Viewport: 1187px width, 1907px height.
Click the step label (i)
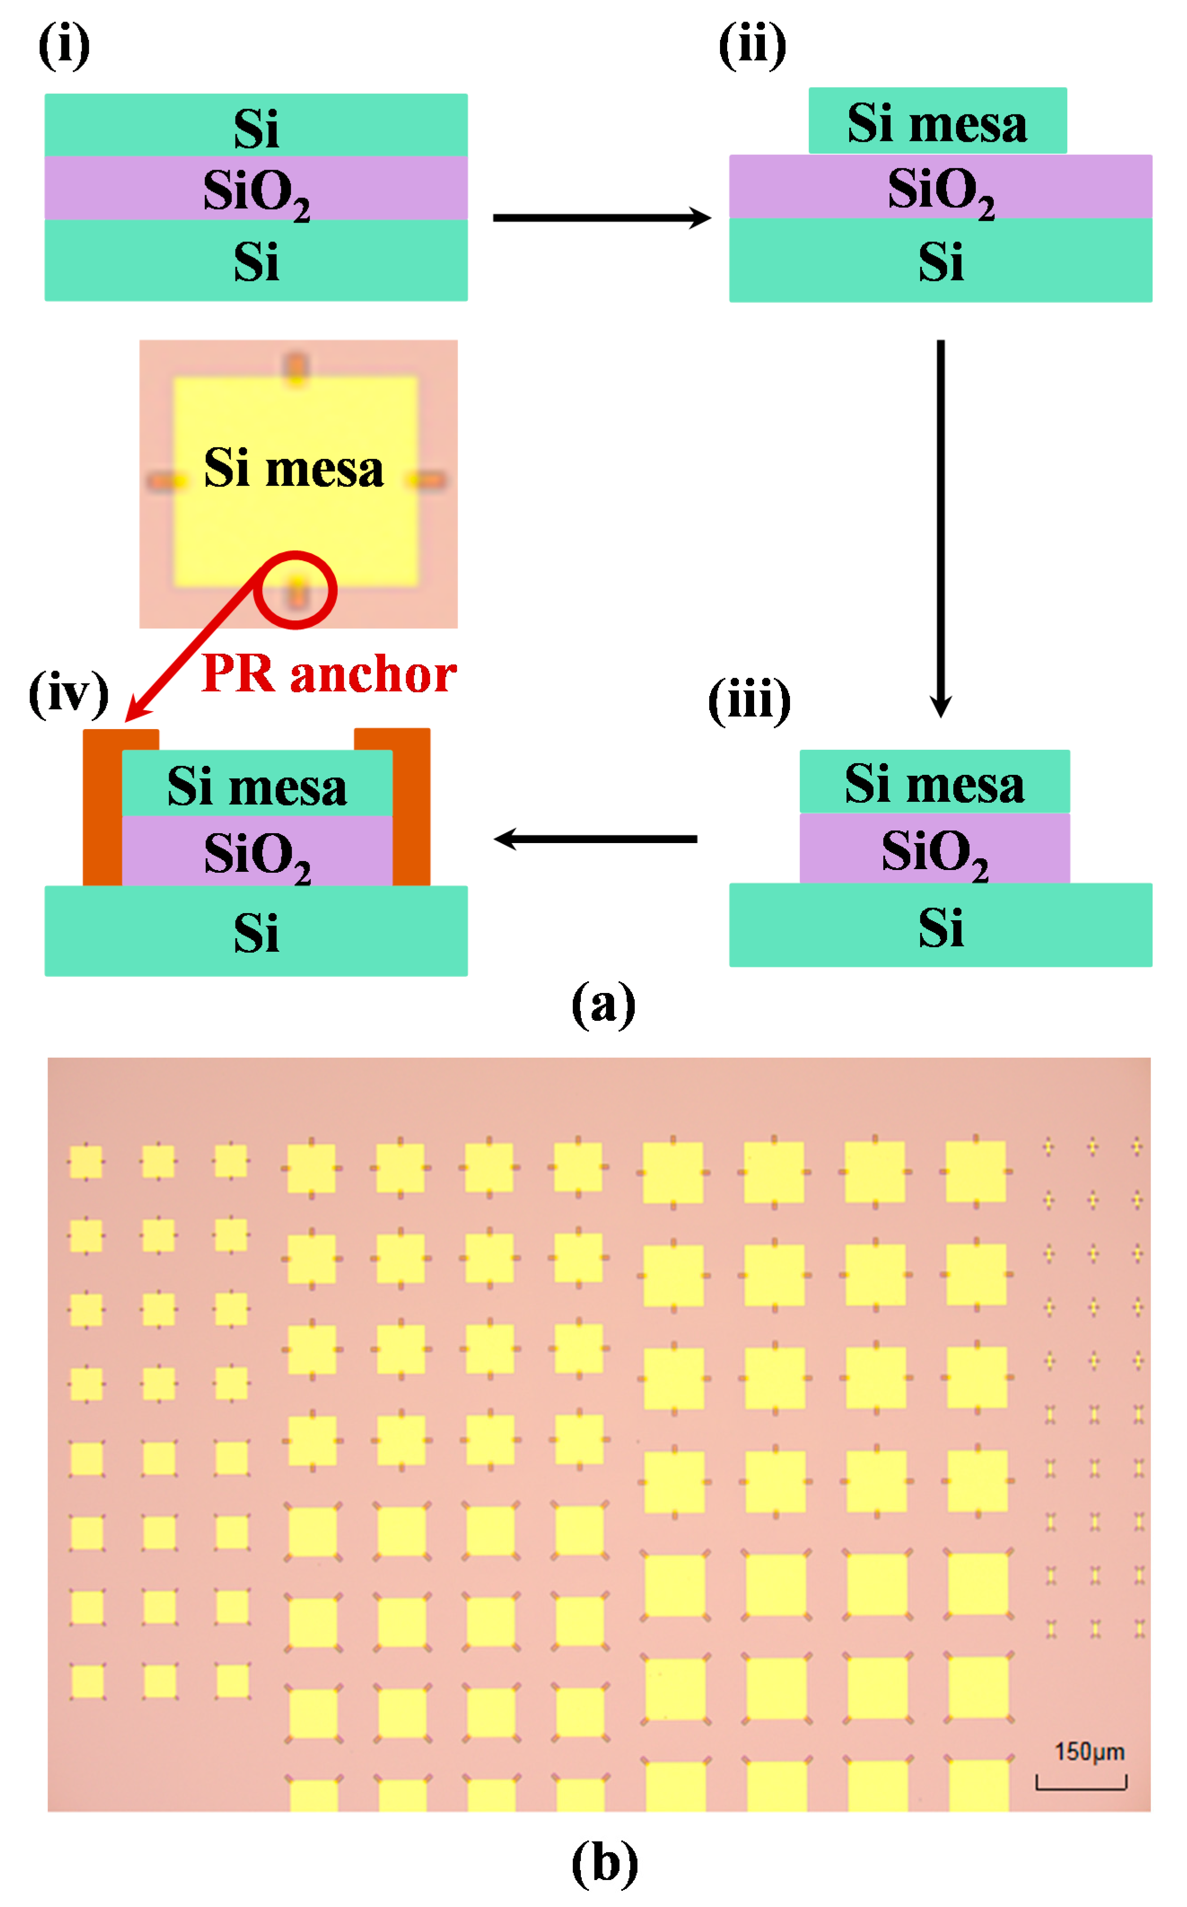pyautogui.click(x=65, y=45)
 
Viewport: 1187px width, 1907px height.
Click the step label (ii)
pyautogui.click(x=751, y=45)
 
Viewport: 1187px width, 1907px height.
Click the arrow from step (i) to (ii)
pyautogui.click(x=601, y=218)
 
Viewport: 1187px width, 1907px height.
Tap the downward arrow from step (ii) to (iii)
pyautogui.click(x=940, y=526)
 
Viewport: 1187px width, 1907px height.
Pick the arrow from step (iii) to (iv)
pyautogui.click(x=597, y=839)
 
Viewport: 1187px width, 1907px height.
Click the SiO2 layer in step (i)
pyautogui.click(x=256, y=189)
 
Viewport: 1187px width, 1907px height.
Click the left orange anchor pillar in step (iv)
pyautogui.click(x=102, y=809)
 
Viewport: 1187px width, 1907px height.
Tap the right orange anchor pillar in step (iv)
pyautogui.click(x=411, y=809)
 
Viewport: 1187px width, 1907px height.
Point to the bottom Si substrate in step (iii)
pyautogui.click(x=940, y=925)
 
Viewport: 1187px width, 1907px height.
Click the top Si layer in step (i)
pyautogui.click(x=256, y=126)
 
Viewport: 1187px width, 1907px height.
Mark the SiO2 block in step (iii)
pyautogui.click(x=934, y=849)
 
